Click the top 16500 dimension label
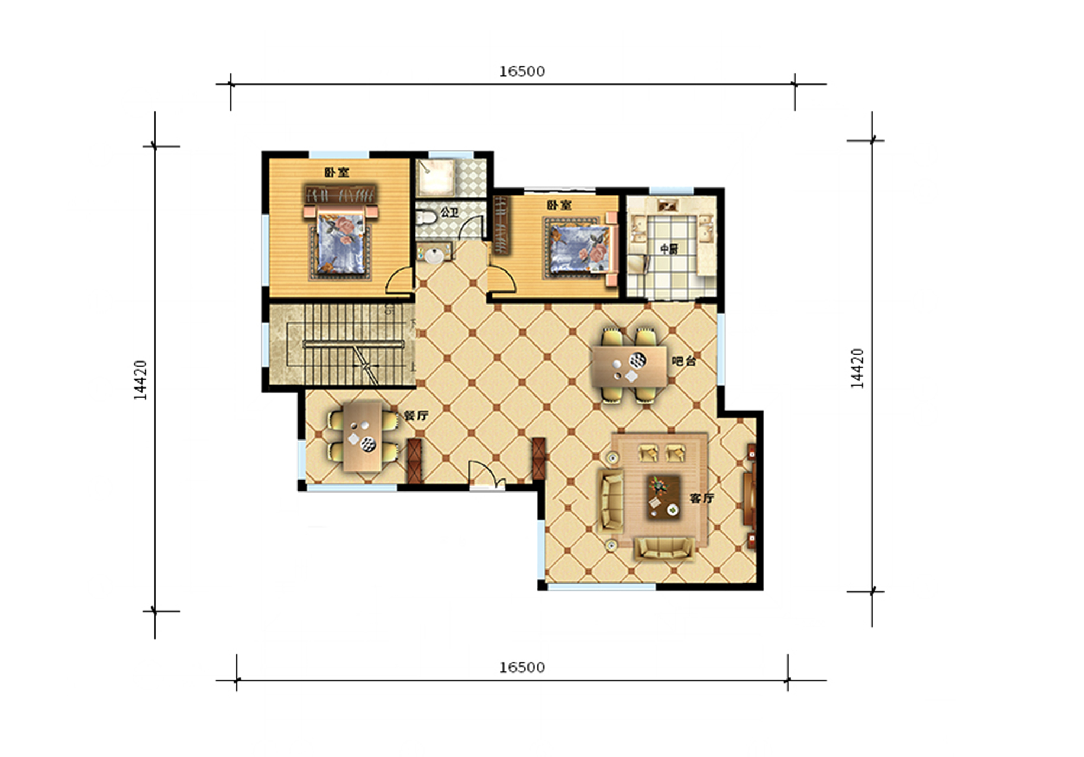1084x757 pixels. (x=522, y=72)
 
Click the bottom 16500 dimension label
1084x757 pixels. (x=522, y=667)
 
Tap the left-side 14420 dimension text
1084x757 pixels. (x=140, y=380)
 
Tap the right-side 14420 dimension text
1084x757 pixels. (x=857, y=368)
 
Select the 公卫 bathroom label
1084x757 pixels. (x=449, y=212)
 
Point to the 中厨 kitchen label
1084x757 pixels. (x=669, y=249)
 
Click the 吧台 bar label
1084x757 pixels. (x=683, y=361)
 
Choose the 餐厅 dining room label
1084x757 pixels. (x=416, y=416)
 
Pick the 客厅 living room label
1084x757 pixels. (x=702, y=498)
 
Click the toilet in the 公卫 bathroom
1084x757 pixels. (x=426, y=218)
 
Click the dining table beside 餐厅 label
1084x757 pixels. (x=363, y=436)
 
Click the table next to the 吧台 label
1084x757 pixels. (x=629, y=367)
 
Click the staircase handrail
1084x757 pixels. (x=353, y=345)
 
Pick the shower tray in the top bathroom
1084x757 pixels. (x=435, y=177)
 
